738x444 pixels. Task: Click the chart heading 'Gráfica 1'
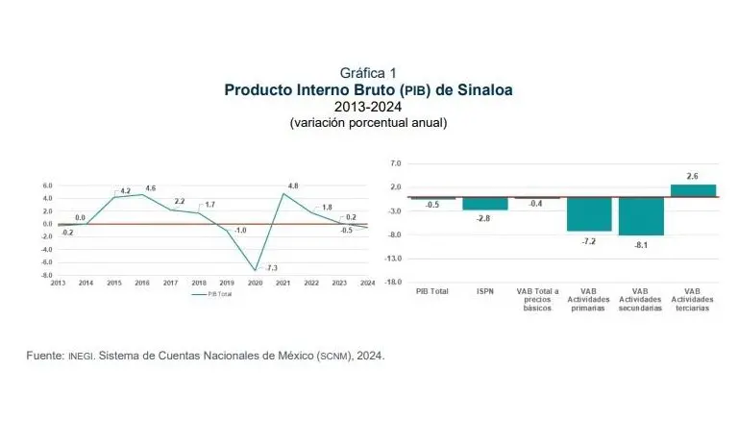(368, 73)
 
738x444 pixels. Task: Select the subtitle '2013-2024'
(368, 107)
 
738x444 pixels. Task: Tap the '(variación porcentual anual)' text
(368, 123)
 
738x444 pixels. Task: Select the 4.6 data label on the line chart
(150, 187)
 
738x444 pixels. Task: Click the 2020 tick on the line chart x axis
(255, 283)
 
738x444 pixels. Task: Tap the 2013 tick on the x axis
(58, 283)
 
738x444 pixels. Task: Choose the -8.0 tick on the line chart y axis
(45, 275)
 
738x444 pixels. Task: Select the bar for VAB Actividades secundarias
(641, 216)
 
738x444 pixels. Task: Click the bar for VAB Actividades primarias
(589, 214)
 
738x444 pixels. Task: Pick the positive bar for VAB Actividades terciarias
(693, 190)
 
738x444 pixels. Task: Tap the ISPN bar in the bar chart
(485, 203)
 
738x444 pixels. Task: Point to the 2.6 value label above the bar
(693, 176)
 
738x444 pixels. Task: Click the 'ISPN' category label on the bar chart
(485, 290)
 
